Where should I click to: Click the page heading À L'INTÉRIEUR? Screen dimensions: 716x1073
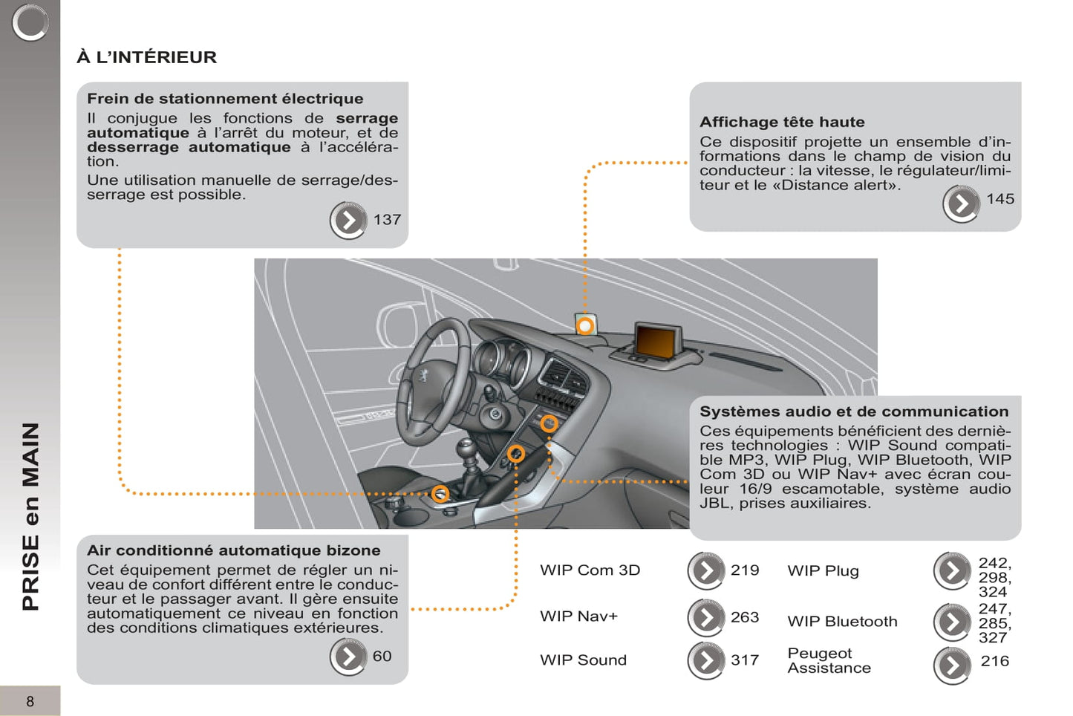(147, 57)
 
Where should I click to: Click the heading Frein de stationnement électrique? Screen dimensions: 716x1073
(225, 99)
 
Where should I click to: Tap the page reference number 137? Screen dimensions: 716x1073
(387, 220)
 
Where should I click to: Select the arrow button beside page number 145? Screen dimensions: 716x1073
(961, 204)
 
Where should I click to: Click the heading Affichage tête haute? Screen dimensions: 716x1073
(782, 122)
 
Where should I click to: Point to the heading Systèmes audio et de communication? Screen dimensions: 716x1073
(854, 411)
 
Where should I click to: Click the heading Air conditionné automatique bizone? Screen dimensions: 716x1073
(233, 550)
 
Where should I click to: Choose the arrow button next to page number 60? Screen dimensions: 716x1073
(348, 657)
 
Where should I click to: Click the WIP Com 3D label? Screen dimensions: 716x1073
(590, 570)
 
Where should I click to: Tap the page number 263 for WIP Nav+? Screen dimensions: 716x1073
(744, 617)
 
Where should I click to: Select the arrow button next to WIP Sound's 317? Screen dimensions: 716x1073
(706, 660)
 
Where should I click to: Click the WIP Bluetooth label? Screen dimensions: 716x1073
(842, 622)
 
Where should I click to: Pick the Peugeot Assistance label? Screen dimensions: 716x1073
(829, 660)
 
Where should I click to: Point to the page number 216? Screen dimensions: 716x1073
(994, 661)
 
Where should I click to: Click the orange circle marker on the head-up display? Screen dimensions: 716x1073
(585, 325)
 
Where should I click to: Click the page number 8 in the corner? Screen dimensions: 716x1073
(30, 701)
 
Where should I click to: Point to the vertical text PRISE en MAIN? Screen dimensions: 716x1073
(30, 516)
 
